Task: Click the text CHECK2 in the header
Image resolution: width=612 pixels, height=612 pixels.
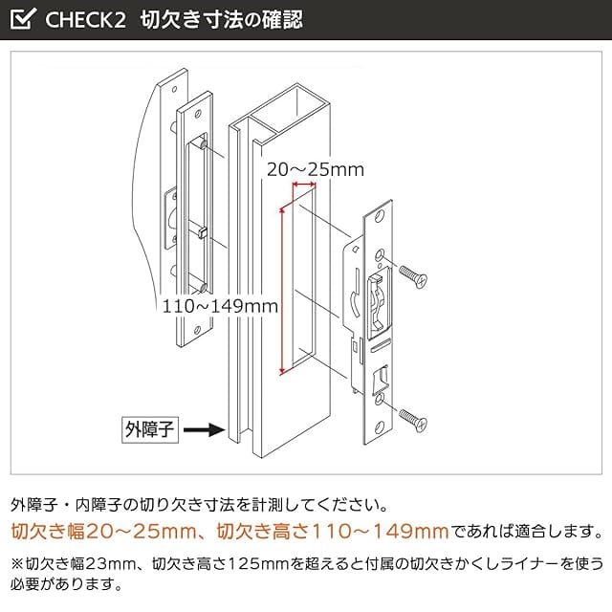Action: coord(86,19)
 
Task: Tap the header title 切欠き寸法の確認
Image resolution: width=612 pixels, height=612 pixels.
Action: coord(221,19)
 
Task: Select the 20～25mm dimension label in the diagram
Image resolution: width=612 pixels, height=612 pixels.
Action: coord(315,169)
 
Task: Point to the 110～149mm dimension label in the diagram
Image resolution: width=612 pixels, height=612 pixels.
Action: coord(220,306)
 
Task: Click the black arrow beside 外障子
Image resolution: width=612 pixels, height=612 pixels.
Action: coord(203,430)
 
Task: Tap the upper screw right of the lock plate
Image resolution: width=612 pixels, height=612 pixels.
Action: coord(413,276)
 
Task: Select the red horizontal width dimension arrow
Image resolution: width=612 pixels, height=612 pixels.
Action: coord(305,185)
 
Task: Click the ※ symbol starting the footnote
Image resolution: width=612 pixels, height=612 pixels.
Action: coord(17,562)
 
